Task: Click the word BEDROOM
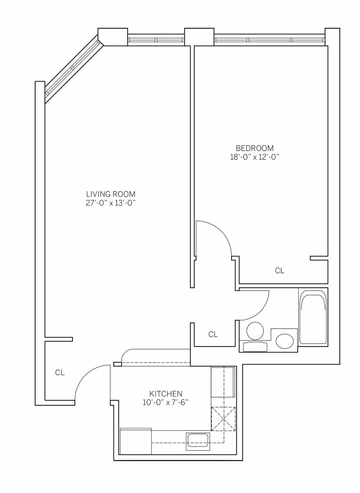(255, 148)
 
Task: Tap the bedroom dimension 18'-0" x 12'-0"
(255, 157)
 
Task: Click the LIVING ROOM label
(111, 194)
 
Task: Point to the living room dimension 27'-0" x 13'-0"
(111, 203)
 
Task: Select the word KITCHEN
(166, 394)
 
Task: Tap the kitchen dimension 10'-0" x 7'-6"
(166, 403)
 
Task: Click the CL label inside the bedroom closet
(280, 271)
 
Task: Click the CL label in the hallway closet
(213, 334)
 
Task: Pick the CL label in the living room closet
(60, 373)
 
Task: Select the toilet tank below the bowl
(255, 346)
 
